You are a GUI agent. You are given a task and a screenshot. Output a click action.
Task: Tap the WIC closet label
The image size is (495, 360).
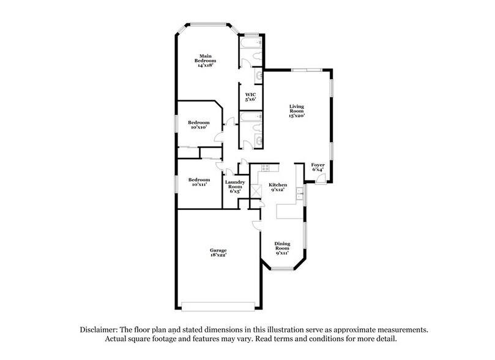pyautogui.click(x=250, y=97)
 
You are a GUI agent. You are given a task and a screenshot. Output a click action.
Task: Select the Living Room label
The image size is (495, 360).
pyautogui.click(x=297, y=111)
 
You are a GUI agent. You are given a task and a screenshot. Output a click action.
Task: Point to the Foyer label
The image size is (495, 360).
pyautogui.click(x=318, y=167)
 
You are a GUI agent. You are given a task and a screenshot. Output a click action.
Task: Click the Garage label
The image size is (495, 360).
pyautogui.click(x=219, y=253)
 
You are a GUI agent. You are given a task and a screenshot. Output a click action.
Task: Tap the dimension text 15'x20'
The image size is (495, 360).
pyautogui.click(x=297, y=115)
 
